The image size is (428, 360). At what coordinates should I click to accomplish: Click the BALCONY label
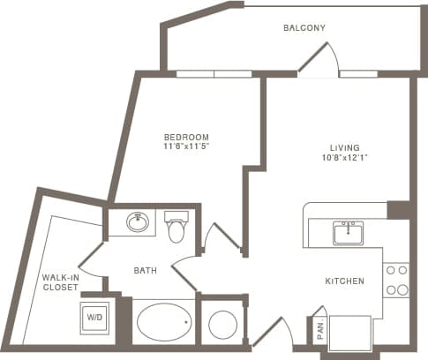click(304, 28)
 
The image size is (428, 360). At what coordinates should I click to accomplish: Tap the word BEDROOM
click(186, 137)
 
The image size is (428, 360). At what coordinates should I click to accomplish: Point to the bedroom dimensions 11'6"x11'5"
click(186, 146)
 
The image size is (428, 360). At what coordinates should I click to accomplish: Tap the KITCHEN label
click(345, 281)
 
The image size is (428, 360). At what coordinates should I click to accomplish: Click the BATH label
click(145, 271)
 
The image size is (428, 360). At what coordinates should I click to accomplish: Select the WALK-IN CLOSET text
click(59, 282)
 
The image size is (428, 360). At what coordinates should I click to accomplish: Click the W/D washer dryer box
click(94, 318)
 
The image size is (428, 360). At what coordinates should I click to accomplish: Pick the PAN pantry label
click(319, 330)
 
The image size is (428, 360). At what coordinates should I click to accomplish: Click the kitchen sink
click(349, 233)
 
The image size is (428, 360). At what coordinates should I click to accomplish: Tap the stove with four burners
click(396, 280)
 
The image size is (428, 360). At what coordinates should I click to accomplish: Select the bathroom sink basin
click(138, 222)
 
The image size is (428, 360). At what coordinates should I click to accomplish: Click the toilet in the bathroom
click(176, 227)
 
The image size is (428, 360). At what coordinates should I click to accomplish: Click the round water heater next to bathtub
click(222, 325)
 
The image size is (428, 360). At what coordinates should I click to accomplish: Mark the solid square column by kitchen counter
click(399, 210)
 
